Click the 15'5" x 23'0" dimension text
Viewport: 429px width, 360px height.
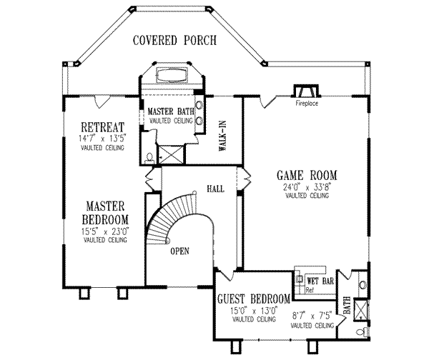coord(105,231)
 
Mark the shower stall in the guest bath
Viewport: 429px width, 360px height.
coord(364,309)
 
